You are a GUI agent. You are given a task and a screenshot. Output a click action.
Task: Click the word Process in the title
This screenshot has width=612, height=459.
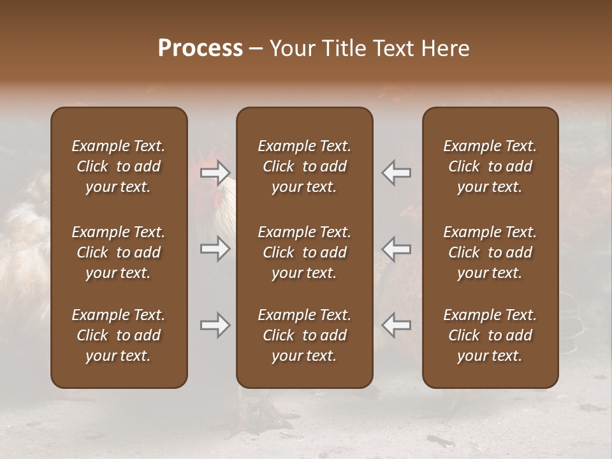200,48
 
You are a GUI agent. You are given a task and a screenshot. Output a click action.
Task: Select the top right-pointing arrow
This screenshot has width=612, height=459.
215,173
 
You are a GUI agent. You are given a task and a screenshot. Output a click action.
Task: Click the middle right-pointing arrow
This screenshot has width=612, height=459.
215,249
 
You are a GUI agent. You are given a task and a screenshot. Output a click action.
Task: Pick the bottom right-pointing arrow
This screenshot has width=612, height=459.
215,326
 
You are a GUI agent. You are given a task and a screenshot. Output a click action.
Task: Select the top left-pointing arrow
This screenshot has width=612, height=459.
396,173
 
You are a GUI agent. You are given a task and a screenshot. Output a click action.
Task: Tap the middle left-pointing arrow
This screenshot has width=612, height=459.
396,249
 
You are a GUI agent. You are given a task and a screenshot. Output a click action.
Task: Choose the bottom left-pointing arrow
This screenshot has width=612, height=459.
396,326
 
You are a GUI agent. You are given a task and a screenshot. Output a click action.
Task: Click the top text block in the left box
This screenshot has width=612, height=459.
119,166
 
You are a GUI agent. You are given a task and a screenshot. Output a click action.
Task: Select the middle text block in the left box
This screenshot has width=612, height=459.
119,252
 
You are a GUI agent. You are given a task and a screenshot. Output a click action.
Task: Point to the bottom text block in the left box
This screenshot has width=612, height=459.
119,335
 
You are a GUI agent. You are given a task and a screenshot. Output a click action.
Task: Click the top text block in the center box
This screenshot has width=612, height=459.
304,166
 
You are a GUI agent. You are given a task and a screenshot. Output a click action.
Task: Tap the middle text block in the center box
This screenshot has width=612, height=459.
304,252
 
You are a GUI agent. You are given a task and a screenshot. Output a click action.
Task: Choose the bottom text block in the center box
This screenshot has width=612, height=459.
304,335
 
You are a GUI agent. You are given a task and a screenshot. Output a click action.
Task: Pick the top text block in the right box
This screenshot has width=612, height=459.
490,166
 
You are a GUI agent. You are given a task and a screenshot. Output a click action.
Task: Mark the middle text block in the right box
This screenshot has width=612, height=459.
490,252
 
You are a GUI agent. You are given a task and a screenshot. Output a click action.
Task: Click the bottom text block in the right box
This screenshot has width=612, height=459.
490,335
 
